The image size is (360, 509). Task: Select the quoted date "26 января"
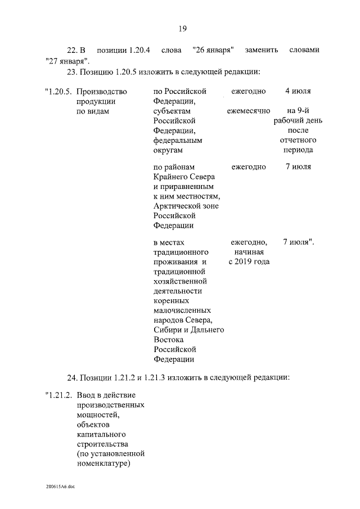click(213, 50)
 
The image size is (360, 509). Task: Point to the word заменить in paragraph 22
click(262, 50)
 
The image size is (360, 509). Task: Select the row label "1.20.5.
click(58, 91)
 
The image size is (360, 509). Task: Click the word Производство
click(101, 91)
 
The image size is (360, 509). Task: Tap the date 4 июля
click(298, 91)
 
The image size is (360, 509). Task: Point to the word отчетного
click(298, 140)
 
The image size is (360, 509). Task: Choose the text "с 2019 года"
click(249, 262)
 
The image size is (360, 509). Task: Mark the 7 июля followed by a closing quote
click(298, 242)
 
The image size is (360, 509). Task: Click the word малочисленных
click(182, 310)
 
